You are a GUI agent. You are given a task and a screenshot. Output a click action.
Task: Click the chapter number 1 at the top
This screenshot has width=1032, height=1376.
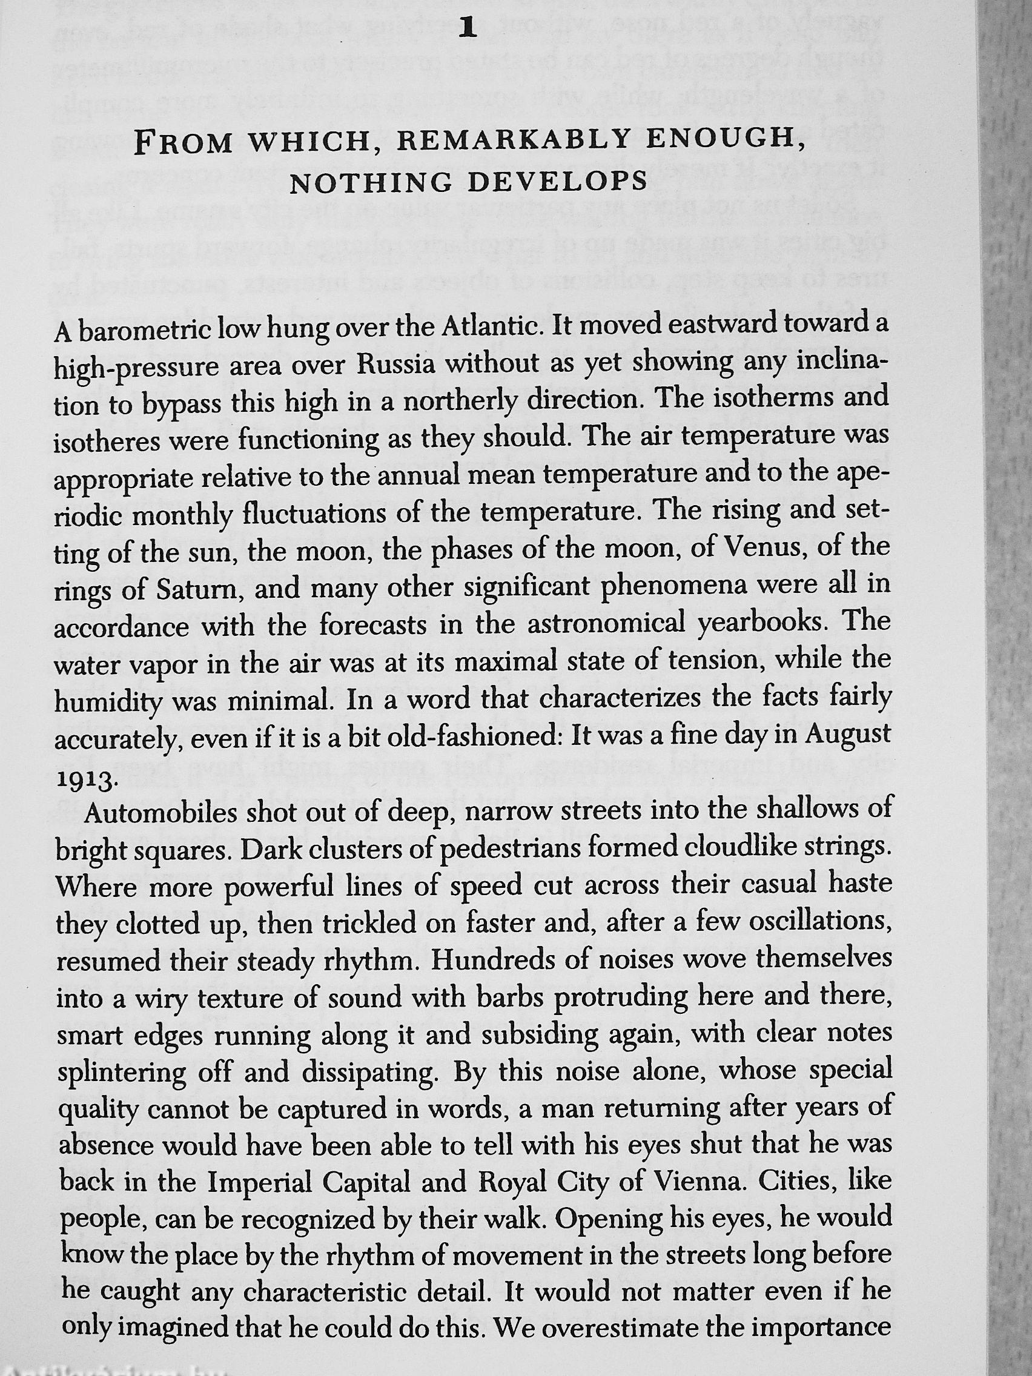pyautogui.click(x=466, y=29)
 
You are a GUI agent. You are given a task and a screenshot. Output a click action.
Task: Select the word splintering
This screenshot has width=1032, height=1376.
pyautogui.click(x=122, y=1074)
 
